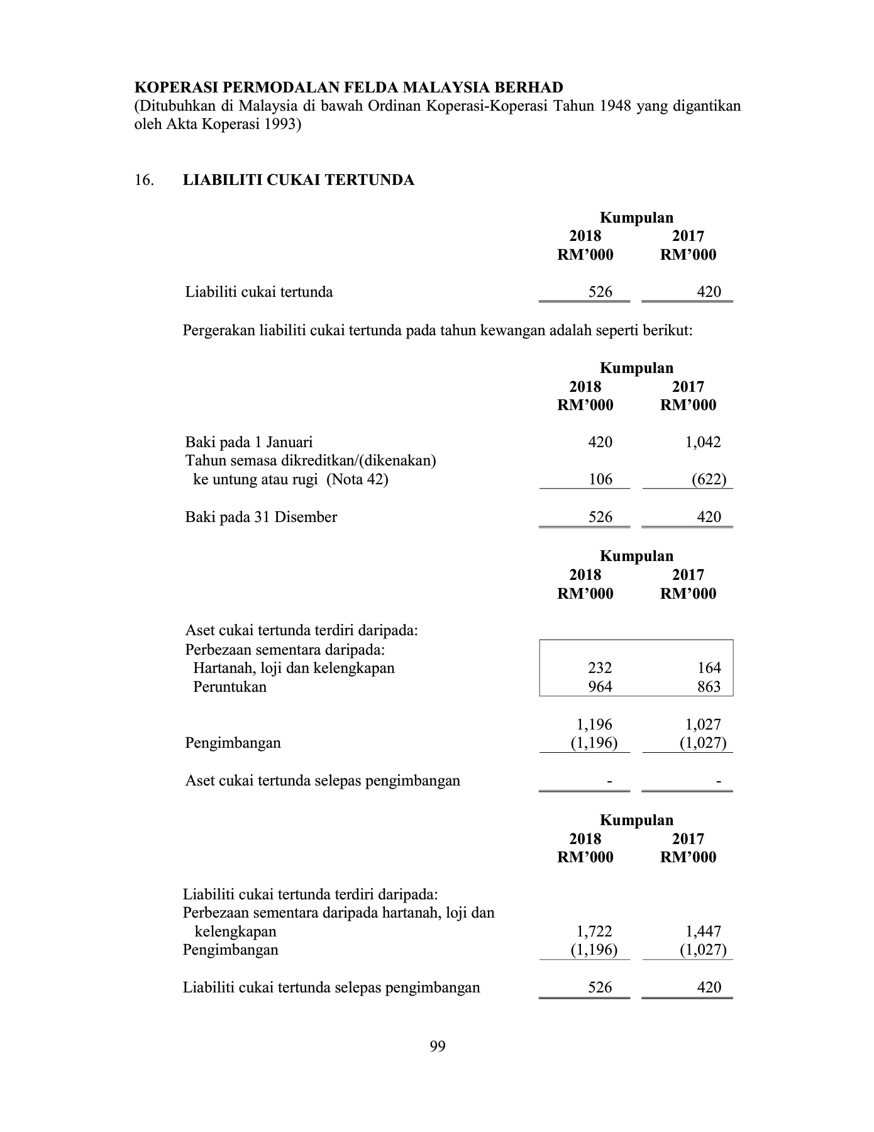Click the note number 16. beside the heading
pyautogui.click(x=144, y=180)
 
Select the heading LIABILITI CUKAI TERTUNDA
pyautogui.click(x=299, y=180)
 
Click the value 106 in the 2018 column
pyautogui.click(x=600, y=480)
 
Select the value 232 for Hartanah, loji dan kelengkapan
pyautogui.click(x=600, y=668)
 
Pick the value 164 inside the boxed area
pyautogui.click(x=709, y=668)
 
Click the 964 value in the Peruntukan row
pyautogui.click(x=600, y=687)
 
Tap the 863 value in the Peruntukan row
pyautogui.click(x=709, y=687)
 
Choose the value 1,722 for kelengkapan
pyautogui.click(x=594, y=931)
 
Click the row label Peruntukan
pyautogui.click(x=230, y=687)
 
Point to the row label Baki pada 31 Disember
pyautogui.click(x=261, y=518)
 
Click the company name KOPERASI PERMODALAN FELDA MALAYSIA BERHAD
pyautogui.click(x=349, y=87)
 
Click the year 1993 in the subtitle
pyautogui.click(x=279, y=124)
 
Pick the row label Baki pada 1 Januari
pyautogui.click(x=248, y=442)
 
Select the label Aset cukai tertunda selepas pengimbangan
pyautogui.click(x=323, y=781)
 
